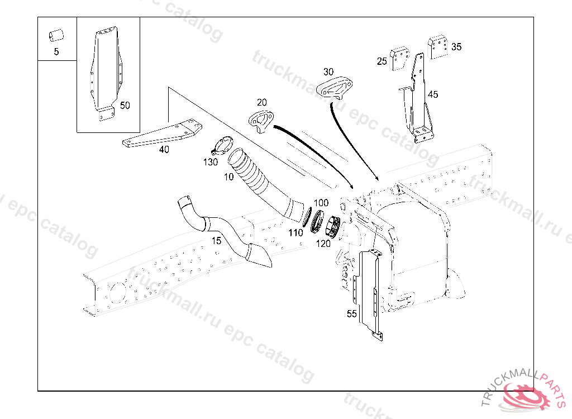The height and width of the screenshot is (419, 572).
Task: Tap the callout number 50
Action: pos(125,105)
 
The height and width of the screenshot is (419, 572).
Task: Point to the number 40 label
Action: pos(164,149)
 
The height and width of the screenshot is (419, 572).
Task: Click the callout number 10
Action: pos(228,177)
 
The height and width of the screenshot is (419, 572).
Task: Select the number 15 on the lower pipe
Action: pos(216,241)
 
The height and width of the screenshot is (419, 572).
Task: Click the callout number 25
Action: pos(382,61)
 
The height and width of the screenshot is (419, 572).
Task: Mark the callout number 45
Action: pos(433,94)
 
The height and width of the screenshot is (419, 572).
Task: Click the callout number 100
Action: pos(321,202)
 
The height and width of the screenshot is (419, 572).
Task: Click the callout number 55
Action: pos(351,314)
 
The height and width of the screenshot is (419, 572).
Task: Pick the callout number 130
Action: pos(211,162)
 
